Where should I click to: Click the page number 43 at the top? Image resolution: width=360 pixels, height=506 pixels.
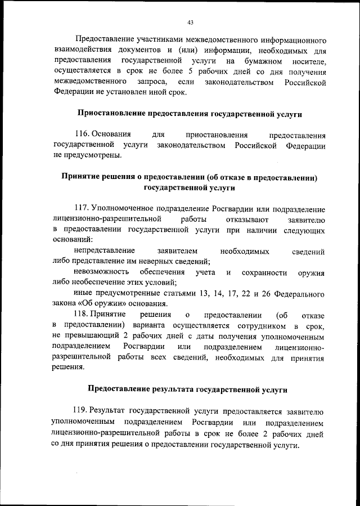point(190,23)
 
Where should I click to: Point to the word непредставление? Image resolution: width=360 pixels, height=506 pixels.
point(103,250)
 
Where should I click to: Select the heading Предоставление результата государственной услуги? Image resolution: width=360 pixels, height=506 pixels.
point(190,389)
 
